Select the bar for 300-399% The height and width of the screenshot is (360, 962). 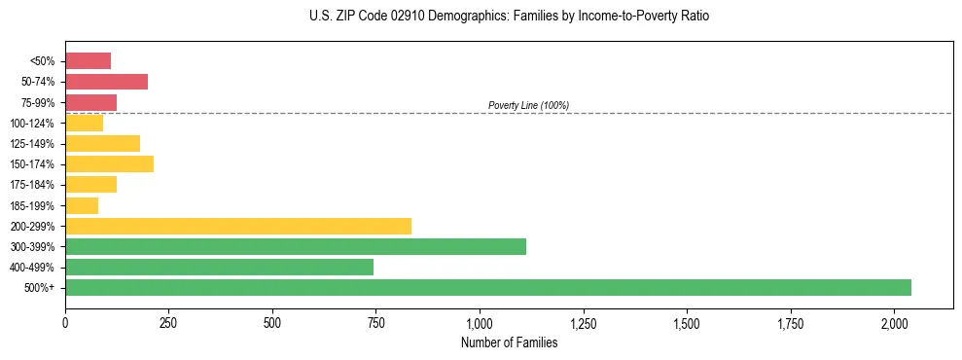click(x=296, y=246)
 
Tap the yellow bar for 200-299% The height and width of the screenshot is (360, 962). click(x=238, y=226)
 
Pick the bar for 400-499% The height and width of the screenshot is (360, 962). click(x=219, y=267)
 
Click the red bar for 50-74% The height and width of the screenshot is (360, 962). click(x=106, y=82)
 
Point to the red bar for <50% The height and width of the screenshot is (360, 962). click(x=88, y=61)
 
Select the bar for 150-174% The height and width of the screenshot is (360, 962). click(x=109, y=163)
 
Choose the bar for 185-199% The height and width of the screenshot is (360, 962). click(x=82, y=205)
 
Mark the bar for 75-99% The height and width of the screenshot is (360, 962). click(x=90, y=102)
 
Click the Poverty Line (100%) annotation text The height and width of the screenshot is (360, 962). click(x=528, y=105)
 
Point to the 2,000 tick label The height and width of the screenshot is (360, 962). click(x=895, y=323)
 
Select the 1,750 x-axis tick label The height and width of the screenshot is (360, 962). click(x=791, y=323)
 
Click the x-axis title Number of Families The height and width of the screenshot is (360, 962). click(x=509, y=342)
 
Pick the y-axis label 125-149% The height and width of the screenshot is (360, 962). click(x=32, y=144)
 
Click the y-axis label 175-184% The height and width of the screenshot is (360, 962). click(x=32, y=185)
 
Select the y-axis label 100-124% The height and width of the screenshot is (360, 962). click(x=32, y=124)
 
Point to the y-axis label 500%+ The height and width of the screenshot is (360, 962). click(x=39, y=288)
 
